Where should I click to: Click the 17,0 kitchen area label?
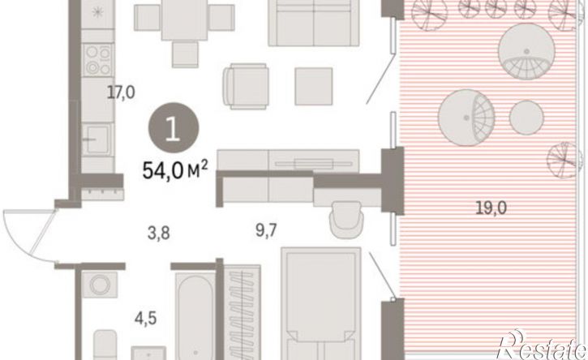[x=121, y=92]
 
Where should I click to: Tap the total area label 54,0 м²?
[x=174, y=170]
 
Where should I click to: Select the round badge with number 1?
[x=174, y=127]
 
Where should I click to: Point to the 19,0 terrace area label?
[x=491, y=208]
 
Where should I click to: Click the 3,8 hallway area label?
[x=159, y=234]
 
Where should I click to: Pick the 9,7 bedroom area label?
[x=266, y=230]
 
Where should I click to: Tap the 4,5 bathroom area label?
[x=145, y=319]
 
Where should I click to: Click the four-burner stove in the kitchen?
[x=98, y=60]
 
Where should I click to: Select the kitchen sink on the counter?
[x=97, y=139]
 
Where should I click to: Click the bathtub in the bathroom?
[x=195, y=317]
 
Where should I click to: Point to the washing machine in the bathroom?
[x=100, y=285]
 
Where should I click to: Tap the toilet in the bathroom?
[x=105, y=345]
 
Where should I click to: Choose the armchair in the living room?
[x=246, y=86]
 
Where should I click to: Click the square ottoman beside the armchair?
[x=314, y=86]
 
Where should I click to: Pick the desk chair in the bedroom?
[x=346, y=220]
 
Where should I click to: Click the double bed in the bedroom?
[x=321, y=304]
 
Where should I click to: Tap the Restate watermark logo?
[x=542, y=345]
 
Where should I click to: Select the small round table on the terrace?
[x=526, y=118]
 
